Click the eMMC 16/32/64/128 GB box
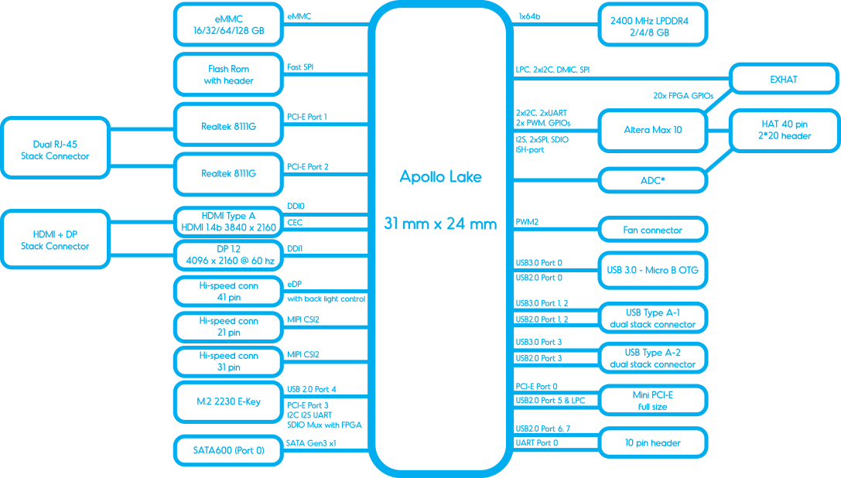228,25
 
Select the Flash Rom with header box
228,74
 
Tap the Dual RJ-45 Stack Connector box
55,148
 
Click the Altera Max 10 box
653,131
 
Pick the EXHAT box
785,80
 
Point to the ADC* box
653,181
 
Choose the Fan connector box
653,230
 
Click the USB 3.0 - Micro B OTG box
653,271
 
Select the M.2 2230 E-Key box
228,402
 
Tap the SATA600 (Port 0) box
228,451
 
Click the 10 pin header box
653,443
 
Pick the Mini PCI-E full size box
653,401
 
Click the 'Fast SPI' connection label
300,67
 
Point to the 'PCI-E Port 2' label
307,167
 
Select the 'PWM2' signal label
527,222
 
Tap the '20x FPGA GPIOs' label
682,95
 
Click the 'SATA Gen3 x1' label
311,443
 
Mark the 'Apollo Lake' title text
440,176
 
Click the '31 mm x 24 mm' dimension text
440,224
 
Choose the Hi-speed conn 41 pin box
228,292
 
